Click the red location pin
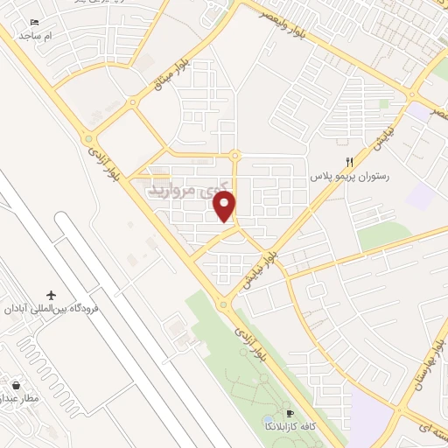(225, 205)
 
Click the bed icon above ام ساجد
(35, 22)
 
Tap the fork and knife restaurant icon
(349, 161)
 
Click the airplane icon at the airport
(51, 294)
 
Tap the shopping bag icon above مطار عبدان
(16, 384)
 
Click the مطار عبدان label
(23, 399)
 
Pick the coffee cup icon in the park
(290, 414)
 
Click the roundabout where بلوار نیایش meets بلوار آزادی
(224, 304)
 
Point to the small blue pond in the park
(268, 422)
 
